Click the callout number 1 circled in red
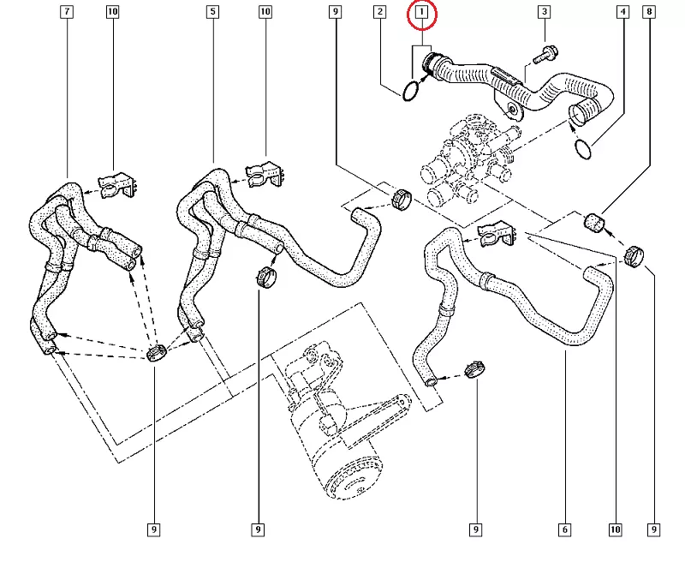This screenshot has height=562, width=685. tap(421, 13)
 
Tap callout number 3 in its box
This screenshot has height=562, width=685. tap(543, 13)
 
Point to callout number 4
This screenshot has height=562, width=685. tap(622, 13)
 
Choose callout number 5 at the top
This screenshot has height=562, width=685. tap(213, 13)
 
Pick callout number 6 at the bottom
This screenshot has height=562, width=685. tap(565, 529)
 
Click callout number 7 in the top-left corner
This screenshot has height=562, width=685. tap(67, 13)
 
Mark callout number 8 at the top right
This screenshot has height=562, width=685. tap(650, 13)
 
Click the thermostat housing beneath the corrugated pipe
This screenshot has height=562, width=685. tap(467, 158)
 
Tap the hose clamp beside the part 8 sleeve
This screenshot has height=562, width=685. tap(634, 254)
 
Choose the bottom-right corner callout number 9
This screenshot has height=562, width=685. tap(653, 529)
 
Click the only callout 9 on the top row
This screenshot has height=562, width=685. tap(335, 13)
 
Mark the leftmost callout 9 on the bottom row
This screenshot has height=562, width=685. tap(155, 529)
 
